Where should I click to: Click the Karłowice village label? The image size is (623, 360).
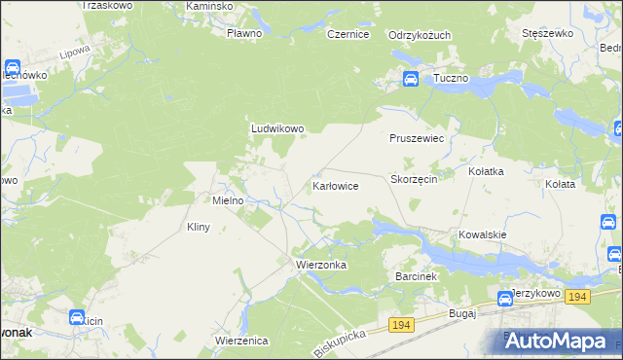tap(336, 185)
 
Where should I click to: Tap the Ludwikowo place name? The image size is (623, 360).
tap(278, 127)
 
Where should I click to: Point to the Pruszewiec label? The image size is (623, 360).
tap(417, 139)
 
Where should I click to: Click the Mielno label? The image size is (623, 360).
tap(234, 200)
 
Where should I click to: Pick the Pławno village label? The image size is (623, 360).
tap(244, 33)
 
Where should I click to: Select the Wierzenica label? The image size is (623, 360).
tap(241, 340)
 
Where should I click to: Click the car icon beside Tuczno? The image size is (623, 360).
tap(411, 79)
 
